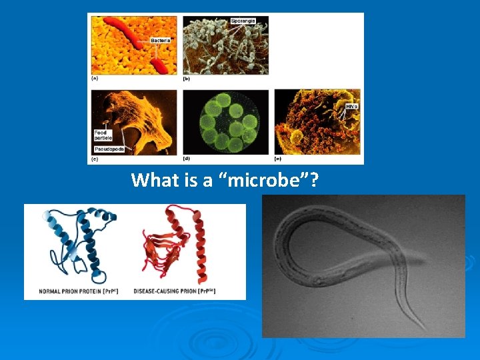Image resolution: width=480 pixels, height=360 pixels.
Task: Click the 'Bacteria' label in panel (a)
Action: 160,41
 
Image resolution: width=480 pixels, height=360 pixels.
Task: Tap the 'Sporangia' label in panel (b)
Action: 243,21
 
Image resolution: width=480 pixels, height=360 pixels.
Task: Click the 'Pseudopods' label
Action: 109,149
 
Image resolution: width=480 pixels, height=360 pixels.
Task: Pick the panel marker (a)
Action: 95,79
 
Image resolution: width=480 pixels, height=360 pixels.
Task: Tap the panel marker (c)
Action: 95,159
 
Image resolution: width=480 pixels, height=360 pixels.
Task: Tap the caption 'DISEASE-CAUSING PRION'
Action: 174,291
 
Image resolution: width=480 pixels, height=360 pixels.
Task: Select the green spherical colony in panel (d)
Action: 225,122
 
